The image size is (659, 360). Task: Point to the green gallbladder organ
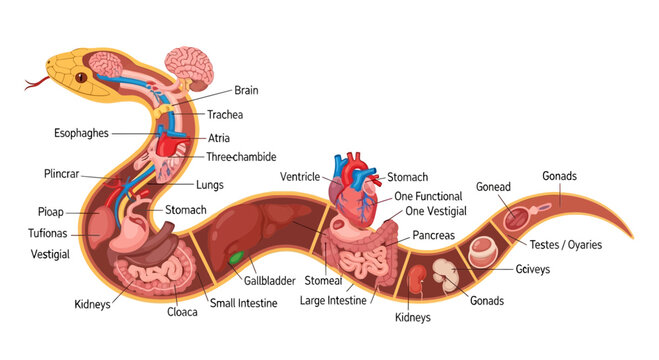click(237, 257)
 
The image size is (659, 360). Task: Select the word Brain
click(246, 90)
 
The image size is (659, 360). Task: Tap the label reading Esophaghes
click(83, 132)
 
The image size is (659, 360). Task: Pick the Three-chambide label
click(241, 157)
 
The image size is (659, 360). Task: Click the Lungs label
click(210, 184)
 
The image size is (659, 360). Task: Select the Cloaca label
click(182, 311)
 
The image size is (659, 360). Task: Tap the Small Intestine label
click(243, 303)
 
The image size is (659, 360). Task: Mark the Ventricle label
click(300, 177)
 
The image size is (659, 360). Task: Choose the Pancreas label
click(436, 234)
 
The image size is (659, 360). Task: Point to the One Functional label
click(428, 196)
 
